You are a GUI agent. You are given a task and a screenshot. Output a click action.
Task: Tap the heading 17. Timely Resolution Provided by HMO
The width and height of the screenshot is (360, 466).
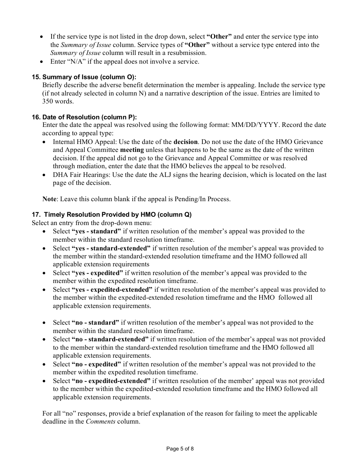112,214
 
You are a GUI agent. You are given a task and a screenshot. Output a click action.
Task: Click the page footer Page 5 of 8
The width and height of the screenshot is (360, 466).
180,449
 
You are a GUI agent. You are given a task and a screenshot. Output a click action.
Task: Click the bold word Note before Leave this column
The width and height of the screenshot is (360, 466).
49,199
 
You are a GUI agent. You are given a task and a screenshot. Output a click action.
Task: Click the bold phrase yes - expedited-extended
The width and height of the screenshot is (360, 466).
112,290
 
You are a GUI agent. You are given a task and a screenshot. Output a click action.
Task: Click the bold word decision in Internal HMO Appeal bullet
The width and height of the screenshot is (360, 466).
186,142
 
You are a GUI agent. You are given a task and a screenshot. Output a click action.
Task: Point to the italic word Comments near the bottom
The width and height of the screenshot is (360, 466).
101,422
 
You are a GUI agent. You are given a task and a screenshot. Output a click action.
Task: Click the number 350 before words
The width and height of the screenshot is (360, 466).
48,102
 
